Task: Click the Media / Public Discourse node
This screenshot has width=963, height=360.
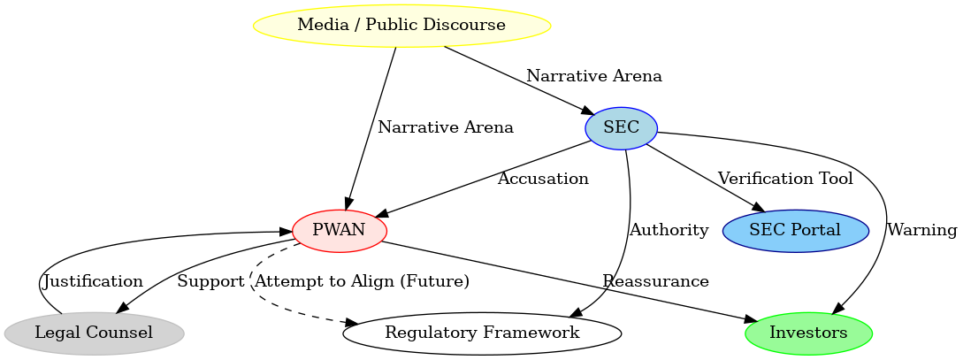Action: point(401,25)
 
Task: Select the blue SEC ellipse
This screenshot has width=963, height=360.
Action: point(621,127)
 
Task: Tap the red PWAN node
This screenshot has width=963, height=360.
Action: point(339,231)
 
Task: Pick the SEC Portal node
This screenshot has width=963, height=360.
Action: point(794,231)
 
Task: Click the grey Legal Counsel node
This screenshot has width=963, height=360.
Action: point(94,333)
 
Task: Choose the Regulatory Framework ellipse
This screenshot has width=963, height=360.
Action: point(482,333)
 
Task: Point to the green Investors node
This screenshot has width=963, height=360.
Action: point(808,333)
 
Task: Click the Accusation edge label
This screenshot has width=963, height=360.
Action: point(543,179)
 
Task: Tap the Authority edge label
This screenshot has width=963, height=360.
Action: point(669,230)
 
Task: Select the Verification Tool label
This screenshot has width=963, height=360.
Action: point(785,179)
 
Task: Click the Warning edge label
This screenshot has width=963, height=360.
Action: point(921,230)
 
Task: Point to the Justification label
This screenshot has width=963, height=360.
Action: point(93,281)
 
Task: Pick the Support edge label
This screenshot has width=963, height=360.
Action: point(210,281)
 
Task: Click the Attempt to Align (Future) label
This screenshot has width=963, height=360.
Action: point(361,281)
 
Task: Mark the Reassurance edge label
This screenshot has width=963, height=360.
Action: point(655,281)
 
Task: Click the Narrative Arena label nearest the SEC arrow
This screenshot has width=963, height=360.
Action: point(593,76)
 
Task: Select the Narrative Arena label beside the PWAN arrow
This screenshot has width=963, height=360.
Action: point(445,127)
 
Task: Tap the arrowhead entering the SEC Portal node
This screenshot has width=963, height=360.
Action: point(758,208)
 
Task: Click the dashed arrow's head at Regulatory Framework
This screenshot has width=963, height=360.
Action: point(349,324)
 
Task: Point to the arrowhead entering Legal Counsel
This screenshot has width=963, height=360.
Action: point(123,309)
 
